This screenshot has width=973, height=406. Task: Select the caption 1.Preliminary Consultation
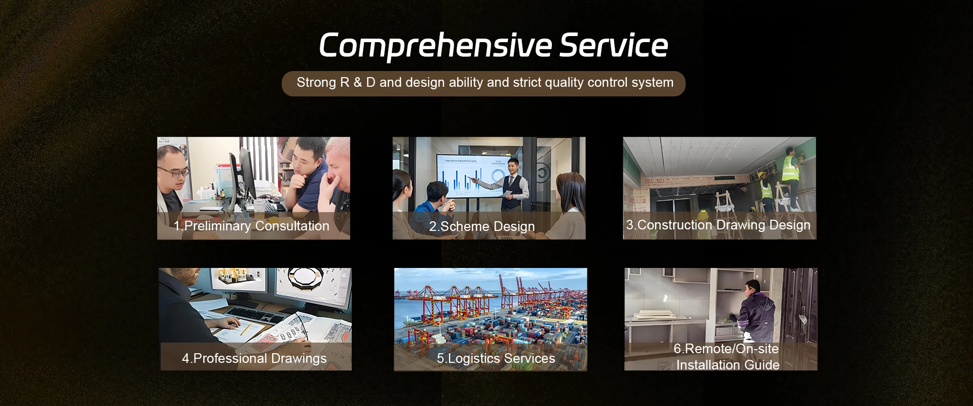point(251,226)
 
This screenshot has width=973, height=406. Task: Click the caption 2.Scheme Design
point(482,226)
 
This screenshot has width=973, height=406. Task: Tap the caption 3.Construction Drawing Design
point(718,225)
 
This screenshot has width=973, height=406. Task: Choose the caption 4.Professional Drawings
point(254,358)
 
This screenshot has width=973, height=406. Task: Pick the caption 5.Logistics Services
point(496,358)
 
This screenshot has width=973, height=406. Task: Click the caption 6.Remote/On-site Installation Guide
point(727,357)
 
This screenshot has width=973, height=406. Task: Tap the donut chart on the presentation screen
point(497,176)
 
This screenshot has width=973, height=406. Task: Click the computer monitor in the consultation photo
point(242,175)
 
